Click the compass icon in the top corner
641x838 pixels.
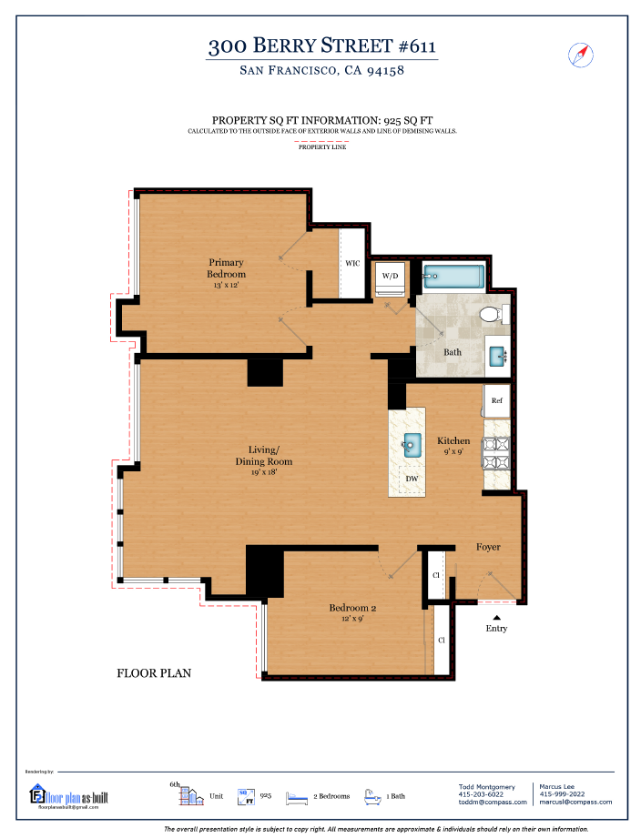580,55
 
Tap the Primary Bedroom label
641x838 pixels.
225,268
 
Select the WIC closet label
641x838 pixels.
352,264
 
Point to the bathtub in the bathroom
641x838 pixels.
454,276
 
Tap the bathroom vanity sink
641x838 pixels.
498,356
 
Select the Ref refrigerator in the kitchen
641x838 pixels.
497,400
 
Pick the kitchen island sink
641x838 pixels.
412,445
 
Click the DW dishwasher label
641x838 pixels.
412,479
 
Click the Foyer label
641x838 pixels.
488,547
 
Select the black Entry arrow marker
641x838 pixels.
496,617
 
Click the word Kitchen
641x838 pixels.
453,441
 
